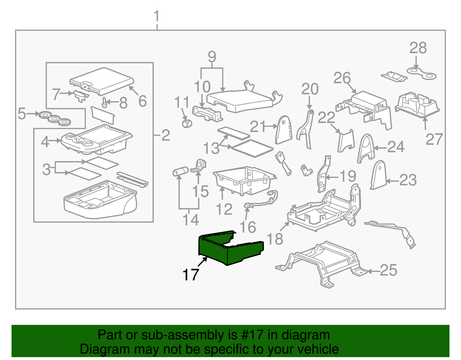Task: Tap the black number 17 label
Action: pyautogui.click(x=191, y=275)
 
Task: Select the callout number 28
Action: pyautogui.click(x=418, y=48)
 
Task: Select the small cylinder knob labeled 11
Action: pyautogui.click(x=187, y=124)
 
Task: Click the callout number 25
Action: pyautogui.click(x=388, y=270)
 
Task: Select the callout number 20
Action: pyautogui.click(x=310, y=89)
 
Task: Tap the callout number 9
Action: pyautogui.click(x=212, y=57)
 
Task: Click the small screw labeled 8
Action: pyautogui.click(x=105, y=102)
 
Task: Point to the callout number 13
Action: pyautogui.click(x=211, y=148)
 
